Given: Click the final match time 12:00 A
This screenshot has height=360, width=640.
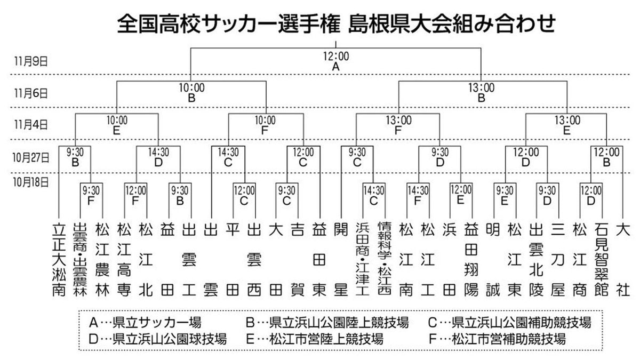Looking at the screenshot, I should pos(335,61).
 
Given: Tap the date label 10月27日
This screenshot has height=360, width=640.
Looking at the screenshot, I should pos(31,157).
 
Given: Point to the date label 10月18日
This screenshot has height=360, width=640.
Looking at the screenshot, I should pos(31,182).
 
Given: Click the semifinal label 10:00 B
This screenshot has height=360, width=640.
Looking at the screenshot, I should pos(192,92).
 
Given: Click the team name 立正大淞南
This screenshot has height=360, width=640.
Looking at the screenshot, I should pos(58,259).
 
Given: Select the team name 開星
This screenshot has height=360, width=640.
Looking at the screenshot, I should pos(339,259).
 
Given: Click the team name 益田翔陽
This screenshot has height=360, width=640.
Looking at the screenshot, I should pos(471,259).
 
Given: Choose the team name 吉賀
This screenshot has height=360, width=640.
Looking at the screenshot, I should pos(297,259).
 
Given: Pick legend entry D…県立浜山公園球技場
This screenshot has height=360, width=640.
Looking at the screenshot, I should pos(157,338).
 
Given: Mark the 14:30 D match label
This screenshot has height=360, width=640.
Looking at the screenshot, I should pos(158,157).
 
